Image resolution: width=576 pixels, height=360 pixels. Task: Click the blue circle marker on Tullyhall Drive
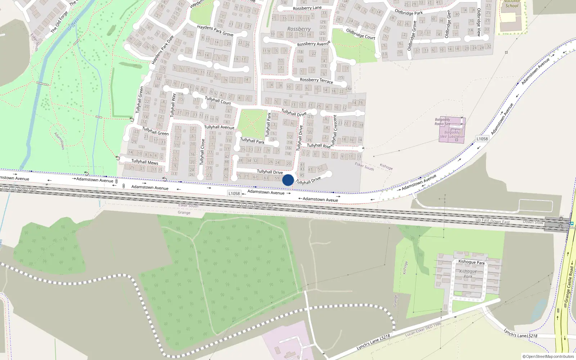point(288,180)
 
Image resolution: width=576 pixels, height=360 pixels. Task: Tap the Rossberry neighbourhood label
point(299,29)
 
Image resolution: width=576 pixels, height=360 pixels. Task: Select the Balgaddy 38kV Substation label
point(452,135)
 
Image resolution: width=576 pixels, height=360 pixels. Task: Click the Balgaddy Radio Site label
point(442,122)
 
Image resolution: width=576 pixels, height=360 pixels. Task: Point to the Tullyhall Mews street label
point(145,162)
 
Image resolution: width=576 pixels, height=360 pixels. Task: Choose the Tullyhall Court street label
point(218,100)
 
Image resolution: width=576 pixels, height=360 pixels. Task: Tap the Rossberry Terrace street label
point(316,80)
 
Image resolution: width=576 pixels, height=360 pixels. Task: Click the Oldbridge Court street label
point(360,34)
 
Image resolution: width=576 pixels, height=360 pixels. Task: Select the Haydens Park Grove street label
point(215,31)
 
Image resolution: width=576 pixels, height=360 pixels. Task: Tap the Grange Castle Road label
point(569,284)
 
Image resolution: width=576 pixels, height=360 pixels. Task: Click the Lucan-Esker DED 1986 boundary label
point(423,329)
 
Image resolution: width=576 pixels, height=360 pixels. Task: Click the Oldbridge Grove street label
point(412,35)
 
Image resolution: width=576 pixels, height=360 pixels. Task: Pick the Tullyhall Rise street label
point(319,146)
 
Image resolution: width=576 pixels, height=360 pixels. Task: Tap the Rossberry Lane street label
point(307,8)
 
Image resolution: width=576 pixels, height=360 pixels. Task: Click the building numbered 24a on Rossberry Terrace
point(348,89)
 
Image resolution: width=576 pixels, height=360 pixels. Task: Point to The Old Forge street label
point(59,22)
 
